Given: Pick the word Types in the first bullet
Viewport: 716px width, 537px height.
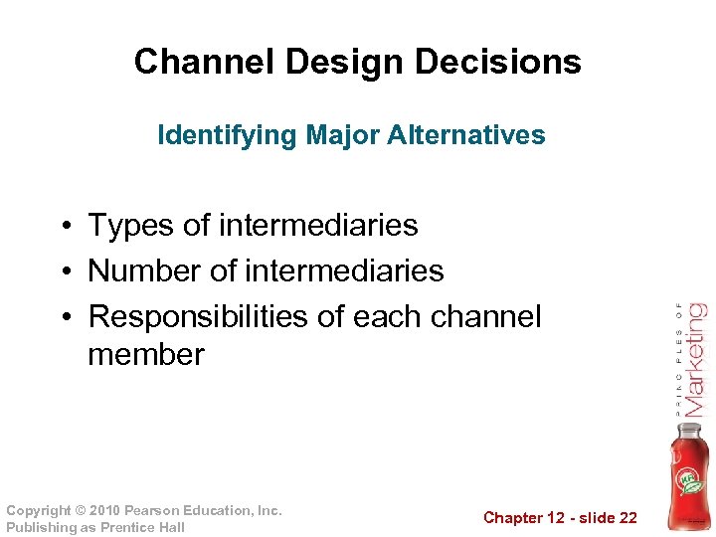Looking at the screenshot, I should coord(132,226).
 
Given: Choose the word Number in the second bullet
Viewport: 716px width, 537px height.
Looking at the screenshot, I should coord(146,270).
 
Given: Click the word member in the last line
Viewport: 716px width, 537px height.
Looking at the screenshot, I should coord(146,354).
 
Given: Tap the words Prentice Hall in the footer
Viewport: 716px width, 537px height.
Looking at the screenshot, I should coord(142,527).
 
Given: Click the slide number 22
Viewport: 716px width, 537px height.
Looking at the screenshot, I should coord(626,517).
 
